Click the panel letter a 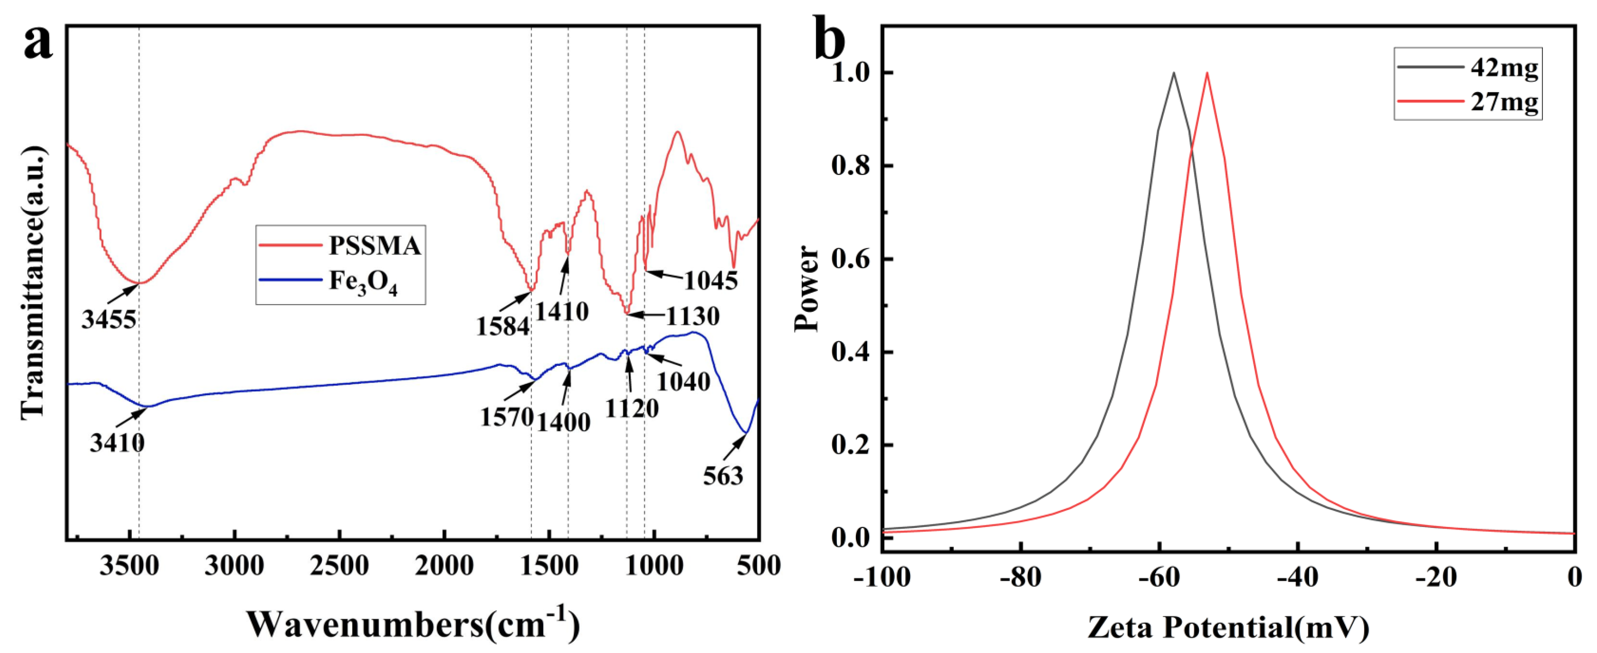coord(39,43)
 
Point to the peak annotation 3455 coord(109,320)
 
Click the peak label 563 coord(723,476)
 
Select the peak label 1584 coord(503,326)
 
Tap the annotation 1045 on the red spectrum coord(711,280)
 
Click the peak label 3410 coord(117,444)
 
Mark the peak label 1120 coord(632,408)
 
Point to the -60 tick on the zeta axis coord(1159,577)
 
